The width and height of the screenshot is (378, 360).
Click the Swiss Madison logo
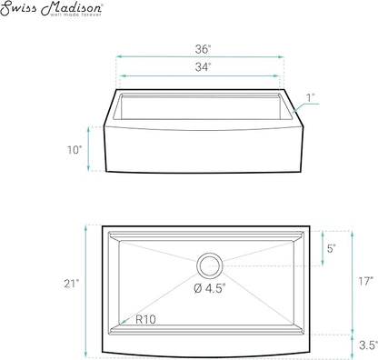pos(52,9)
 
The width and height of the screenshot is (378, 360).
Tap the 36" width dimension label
pos(203,49)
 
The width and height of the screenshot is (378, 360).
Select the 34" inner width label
pos(203,67)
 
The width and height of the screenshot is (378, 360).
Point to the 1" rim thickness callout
pos(310,98)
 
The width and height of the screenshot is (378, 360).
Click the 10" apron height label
pos(75,150)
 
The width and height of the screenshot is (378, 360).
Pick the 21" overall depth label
pos(72,284)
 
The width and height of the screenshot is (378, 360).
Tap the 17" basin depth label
pos(366,281)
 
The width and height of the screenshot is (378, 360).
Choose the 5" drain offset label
pos(331,248)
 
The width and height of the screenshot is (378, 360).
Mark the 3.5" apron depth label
pos(368,345)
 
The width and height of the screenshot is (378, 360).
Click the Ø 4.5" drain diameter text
pos(210,288)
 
